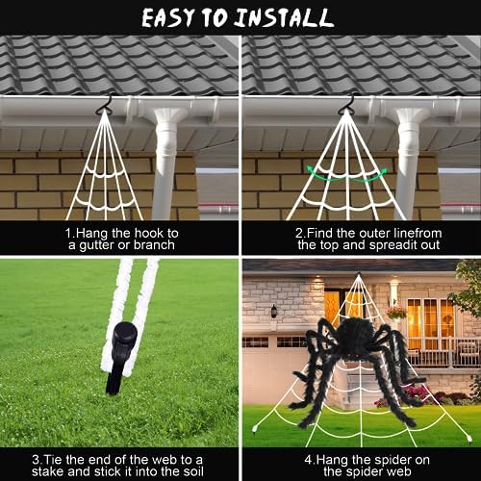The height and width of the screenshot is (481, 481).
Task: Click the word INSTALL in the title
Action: (284, 18)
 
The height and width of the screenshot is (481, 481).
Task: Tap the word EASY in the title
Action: (168, 18)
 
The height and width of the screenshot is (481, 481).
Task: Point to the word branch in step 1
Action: (154, 245)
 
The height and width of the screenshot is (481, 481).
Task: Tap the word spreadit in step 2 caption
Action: (393, 245)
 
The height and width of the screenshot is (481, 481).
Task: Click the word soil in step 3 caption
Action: (193, 472)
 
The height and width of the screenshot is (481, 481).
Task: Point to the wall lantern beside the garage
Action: (273, 312)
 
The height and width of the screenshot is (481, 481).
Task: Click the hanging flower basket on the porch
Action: (396, 312)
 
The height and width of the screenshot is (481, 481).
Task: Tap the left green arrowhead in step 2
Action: (311, 169)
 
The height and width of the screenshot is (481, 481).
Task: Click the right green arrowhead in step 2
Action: (384, 171)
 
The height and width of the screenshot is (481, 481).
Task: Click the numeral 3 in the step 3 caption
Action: (36, 460)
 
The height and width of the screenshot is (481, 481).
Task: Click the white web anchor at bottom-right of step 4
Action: (468, 438)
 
